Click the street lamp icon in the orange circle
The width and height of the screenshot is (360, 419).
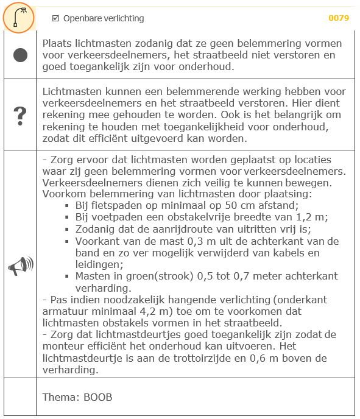point(19,18)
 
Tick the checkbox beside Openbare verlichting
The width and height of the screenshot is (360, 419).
point(56,18)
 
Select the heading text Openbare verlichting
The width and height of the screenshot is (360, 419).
point(104,18)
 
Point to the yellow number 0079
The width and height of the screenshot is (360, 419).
point(339,18)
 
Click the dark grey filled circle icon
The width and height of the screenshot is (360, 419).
point(20,55)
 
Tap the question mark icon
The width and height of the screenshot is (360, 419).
point(20,114)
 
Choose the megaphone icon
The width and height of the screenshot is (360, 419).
point(20,266)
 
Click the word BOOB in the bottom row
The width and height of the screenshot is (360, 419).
point(99,397)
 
